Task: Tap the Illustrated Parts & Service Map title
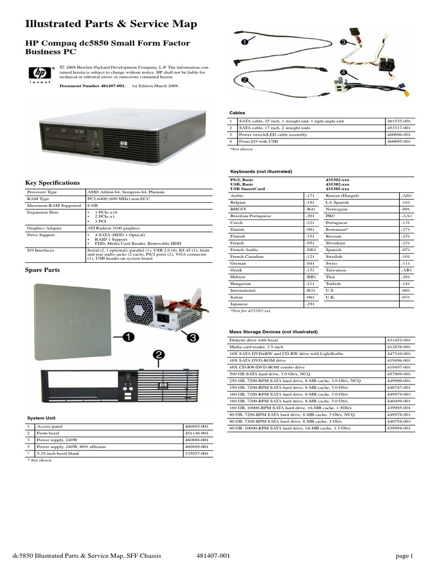111,24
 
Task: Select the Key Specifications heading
53,182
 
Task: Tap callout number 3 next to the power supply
192,337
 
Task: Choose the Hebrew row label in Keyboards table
239,276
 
